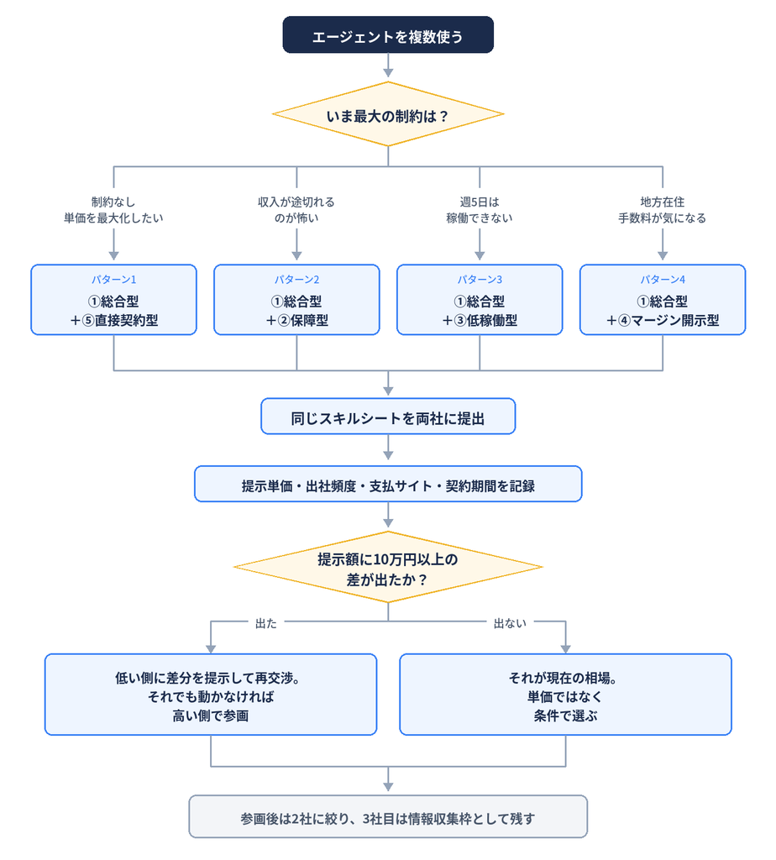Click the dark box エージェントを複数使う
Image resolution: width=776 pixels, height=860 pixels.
(x=388, y=34)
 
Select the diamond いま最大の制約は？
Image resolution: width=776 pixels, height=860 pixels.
(x=388, y=114)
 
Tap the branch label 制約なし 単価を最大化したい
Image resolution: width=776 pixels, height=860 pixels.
(x=113, y=210)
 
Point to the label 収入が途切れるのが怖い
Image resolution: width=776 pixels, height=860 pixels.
(x=296, y=210)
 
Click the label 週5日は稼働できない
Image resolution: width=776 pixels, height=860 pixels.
(x=480, y=210)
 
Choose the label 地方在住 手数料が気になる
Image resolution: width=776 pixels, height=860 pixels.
(x=662, y=210)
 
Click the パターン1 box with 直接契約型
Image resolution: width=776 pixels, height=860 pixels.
(x=113, y=300)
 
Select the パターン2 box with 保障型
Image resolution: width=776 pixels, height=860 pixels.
(x=296, y=300)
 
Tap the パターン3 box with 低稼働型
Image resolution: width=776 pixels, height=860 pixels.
(x=480, y=300)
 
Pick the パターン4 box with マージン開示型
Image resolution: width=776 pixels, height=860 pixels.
(x=663, y=300)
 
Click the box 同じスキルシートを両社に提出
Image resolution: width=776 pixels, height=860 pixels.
(x=388, y=417)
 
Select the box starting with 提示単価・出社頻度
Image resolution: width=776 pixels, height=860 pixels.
(x=388, y=484)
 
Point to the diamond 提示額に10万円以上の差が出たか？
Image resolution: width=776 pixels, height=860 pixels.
(x=388, y=567)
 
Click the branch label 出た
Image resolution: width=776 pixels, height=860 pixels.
(x=266, y=624)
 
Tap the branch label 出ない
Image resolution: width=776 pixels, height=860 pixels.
(x=510, y=624)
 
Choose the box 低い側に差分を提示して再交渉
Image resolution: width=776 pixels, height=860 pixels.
(x=211, y=695)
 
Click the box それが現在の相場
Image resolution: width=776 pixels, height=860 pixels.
(x=565, y=695)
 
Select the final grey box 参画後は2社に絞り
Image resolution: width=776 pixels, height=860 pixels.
(x=388, y=816)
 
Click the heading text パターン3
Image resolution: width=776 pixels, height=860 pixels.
(x=480, y=280)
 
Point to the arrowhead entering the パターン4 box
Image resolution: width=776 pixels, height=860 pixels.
(x=663, y=255)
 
